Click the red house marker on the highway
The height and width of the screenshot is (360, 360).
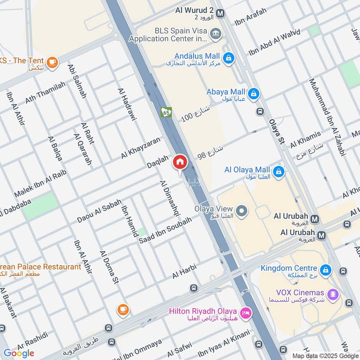pos(180,162)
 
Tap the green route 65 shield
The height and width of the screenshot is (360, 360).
pos(166,112)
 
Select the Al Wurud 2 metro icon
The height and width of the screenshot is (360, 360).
pos(220,13)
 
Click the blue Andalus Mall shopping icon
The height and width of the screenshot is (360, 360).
pos(229,58)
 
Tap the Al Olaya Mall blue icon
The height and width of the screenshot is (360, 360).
pos(279,171)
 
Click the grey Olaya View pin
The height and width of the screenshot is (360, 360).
pos(242,211)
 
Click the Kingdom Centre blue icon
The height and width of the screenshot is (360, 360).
pos(326,270)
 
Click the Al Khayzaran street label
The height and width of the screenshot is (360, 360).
pos(140,148)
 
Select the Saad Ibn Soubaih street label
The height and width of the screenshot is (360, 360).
pos(165,231)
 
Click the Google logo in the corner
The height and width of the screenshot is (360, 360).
pos(19,353)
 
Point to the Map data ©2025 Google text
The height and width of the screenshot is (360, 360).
pos(325,355)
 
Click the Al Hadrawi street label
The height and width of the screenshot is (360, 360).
pos(127,104)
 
